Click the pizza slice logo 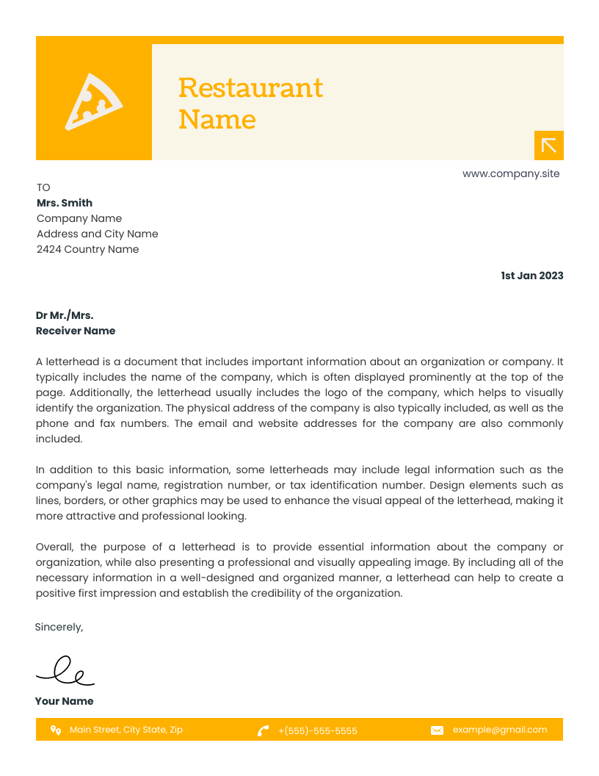pyautogui.click(x=93, y=101)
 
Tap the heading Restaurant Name pyautogui.click(x=250, y=103)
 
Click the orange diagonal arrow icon pyautogui.click(x=549, y=145)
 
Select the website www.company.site pyautogui.click(x=511, y=174)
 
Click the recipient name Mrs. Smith pyautogui.click(x=65, y=203)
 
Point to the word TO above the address pyautogui.click(x=43, y=187)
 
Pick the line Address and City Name pyautogui.click(x=97, y=234)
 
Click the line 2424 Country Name pyautogui.click(x=87, y=249)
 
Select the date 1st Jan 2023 pyautogui.click(x=531, y=276)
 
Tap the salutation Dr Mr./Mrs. pyautogui.click(x=65, y=315)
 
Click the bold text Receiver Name pyautogui.click(x=76, y=331)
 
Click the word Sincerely pyautogui.click(x=59, y=627)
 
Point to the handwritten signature pyautogui.click(x=65, y=670)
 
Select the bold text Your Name pyautogui.click(x=65, y=701)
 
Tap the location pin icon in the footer pyautogui.click(x=55, y=730)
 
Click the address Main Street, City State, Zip pyautogui.click(x=126, y=730)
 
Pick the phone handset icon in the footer pyautogui.click(x=263, y=730)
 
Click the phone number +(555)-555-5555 pyautogui.click(x=318, y=730)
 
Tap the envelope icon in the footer pyautogui.click(x=437, y=730)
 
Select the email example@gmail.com pyautogui.click(x=500, y=730)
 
